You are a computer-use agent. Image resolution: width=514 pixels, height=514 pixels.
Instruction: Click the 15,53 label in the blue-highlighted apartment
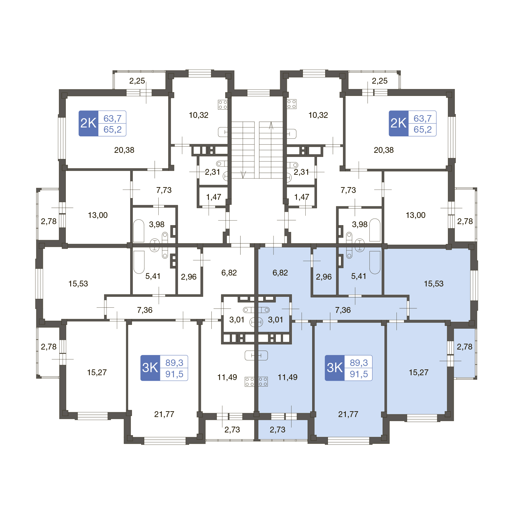(x=433, y=284)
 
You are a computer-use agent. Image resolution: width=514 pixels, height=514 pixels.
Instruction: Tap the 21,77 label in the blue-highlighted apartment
(x=348, y=414)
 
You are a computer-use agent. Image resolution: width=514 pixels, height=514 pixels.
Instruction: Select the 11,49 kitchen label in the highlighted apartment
(x=287, y=377)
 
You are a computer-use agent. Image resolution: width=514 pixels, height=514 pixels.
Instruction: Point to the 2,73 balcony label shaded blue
(x=278, y=430)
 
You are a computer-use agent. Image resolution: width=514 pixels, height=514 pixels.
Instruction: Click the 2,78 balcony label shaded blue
(x=465, y=347)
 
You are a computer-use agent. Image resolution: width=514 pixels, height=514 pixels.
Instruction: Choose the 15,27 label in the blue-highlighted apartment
(x=419, y=372)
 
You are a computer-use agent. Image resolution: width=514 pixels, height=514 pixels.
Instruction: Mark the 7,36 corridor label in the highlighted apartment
(x=343, y=310)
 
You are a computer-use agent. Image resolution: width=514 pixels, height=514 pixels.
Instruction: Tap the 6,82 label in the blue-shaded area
(x=280, y=273)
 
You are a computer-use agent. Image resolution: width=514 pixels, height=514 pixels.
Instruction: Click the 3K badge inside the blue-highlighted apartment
(x=335, y=368)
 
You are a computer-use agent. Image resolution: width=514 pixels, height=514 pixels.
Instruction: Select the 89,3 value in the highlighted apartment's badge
(x=359, y=363)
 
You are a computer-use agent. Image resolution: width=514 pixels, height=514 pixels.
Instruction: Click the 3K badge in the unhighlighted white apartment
(x=150, y=368)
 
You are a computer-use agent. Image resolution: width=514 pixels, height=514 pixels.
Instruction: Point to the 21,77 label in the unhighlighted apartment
(x=164, y=414)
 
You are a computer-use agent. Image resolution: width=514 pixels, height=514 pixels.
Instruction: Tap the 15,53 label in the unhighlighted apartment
(x=78, y=284)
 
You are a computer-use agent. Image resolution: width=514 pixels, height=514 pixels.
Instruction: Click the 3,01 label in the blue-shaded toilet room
(x=276, y=320)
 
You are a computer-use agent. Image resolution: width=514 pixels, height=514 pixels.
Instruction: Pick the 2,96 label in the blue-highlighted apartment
(x=324, y=277)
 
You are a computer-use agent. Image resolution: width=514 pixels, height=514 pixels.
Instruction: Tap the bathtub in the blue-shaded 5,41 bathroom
(x=375, y=262)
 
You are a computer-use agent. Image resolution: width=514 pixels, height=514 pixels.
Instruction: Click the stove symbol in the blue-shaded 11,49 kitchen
(x=263, y=382)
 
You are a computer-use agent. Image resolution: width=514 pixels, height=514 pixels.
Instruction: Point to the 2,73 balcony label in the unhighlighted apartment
(x=232, y=430)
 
